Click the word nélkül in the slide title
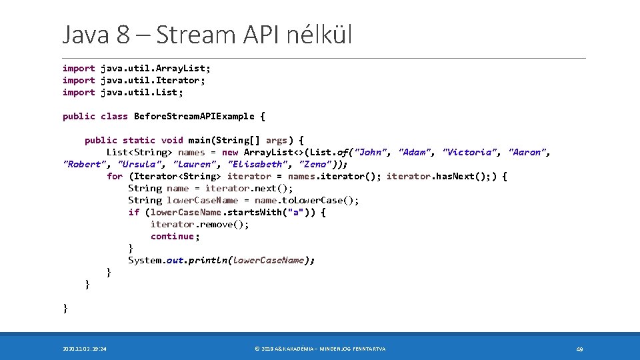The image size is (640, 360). [319, 35]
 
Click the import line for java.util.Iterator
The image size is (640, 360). [134, 80]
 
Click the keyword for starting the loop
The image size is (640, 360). [114, 176]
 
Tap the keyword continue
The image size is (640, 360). [173, 236]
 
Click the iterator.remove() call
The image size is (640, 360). [199, 224]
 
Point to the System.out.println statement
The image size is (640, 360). [221, 260]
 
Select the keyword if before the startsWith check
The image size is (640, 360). [133, 212]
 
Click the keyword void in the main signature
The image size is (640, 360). [171, 140]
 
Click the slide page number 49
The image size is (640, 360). [579, 349]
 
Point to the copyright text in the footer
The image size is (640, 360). [320, 349]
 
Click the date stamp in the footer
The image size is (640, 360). [85, 349]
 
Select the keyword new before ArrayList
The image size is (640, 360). [229, 152]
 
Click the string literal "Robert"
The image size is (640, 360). [84, 164]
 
